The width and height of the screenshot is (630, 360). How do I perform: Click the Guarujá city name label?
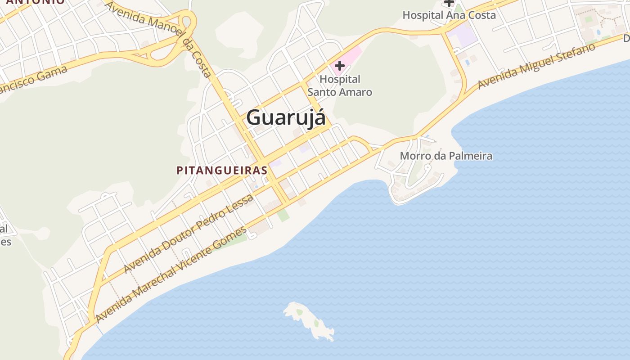click(286, 118)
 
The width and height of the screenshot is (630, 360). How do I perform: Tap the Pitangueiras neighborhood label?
click(222, 171)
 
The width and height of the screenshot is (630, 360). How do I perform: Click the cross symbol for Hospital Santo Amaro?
click(340, 66)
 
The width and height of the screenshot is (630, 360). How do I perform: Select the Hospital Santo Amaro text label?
click(340, 85)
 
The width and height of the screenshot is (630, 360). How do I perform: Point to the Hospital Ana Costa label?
click(449, 15)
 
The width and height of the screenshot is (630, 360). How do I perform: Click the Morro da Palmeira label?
click(446, 156)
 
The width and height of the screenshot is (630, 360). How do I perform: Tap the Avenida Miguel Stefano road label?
click(537, 66)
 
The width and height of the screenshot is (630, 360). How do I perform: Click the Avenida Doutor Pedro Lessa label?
click(189, 234)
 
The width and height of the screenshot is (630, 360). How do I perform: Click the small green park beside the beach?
click(283, 215)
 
